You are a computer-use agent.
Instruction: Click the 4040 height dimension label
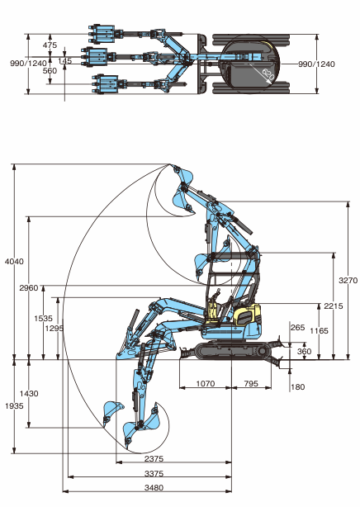[14, 261]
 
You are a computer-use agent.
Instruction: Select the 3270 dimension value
[348, 280]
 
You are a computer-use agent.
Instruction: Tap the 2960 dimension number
[29, 288]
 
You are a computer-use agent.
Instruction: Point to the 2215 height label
[334, 306]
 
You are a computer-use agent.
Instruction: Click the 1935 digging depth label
[14, 405]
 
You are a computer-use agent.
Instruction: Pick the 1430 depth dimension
[29, 394]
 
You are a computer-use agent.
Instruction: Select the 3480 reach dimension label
[154, 487]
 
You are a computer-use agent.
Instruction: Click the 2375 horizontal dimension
[154, 458]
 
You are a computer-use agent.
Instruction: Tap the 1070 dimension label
[206, 383]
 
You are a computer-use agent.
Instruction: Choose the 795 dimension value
[251, 383]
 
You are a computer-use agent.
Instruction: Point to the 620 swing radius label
[268, 75]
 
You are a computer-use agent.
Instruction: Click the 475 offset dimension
[50, 45]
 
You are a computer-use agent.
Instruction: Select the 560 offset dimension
[50, 71]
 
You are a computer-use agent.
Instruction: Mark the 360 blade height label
[305, 351]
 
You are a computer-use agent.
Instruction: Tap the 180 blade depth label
[297, 386]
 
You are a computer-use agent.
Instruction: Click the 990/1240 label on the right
[316, 64]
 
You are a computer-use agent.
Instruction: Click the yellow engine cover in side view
[248, 315]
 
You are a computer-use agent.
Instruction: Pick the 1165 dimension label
[319, 330]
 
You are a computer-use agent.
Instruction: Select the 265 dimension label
[297, 327]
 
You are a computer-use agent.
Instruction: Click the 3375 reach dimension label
[154, 473]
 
